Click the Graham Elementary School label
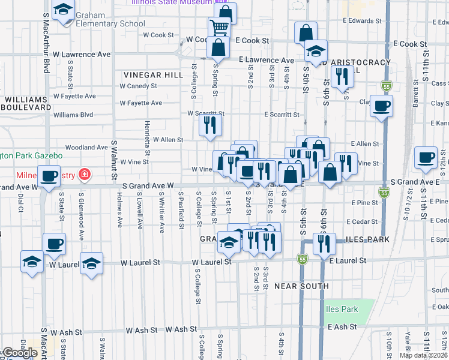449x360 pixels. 107,24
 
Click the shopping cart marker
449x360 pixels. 219,28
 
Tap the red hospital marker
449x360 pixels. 85,175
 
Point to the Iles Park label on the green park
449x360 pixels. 342,310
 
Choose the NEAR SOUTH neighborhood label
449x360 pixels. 301,286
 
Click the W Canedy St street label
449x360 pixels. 138,86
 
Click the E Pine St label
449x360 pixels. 366,203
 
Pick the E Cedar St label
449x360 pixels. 367,221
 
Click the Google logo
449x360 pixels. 20,353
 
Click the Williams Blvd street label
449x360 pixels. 73,115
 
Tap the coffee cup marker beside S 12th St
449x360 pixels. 426,158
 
